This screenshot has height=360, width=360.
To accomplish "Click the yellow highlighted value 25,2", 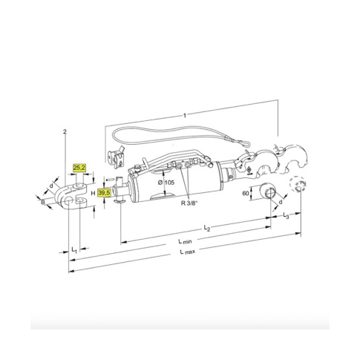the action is pyautogui.click(x=79, y=168).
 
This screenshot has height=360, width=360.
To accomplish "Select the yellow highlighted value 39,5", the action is pyautogui.click(x=104, y=193).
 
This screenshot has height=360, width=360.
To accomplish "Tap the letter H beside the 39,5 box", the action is pyautogui.click(x=93, y=193).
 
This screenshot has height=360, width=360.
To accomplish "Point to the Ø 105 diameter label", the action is pyautogui.click(x=166, y=183).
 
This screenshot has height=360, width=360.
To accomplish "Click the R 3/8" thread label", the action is pyautogui.click(x=190, y=203).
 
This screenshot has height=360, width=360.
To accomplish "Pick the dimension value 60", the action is pyautogui.click(x=246, y=193).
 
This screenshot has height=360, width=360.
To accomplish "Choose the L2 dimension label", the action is pyautogui.click(x=207, y=228).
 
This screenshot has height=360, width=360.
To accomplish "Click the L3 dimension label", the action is pyautogui.click(x=286, y=215).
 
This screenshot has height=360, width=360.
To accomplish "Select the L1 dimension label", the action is pyautogui.click(x=74, y=249).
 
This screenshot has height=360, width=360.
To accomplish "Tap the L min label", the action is pyautogui.click(x=185, y=241).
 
